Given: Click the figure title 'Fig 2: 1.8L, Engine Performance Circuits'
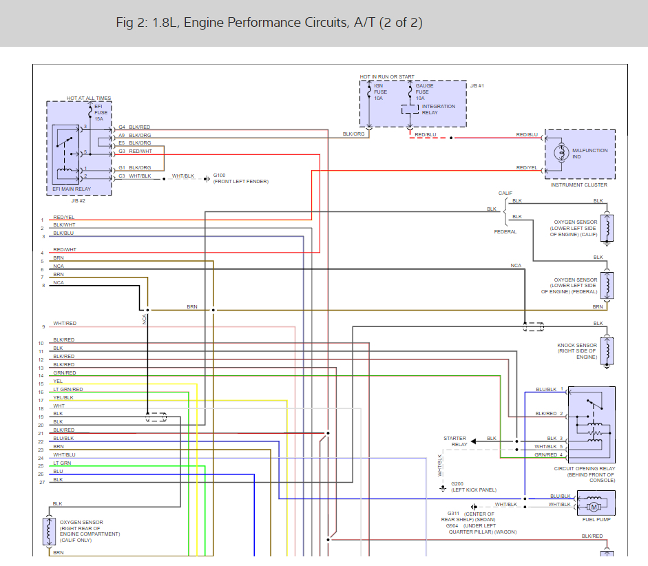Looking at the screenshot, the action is [232, 22].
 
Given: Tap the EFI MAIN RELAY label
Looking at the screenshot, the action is [72, 189].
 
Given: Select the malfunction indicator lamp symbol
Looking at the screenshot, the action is [561, 153].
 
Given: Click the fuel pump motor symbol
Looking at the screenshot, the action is [594, 507].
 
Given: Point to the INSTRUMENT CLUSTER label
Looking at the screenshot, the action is [578, 185].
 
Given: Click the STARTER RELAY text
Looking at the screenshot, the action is [455, 441].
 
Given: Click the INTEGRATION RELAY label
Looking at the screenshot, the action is [438, 109].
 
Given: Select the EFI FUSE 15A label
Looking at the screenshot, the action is [101, 112].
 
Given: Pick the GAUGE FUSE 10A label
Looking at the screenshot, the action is [424, 92].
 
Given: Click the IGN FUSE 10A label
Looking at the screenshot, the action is [380, 92].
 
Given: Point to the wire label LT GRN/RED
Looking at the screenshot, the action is [67, 389].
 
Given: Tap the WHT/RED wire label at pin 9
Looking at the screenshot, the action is [65, 323].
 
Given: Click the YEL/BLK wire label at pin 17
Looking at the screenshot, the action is [63, 397].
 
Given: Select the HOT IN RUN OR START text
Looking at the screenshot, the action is [387, 77].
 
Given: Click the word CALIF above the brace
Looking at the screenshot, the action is [505, 193].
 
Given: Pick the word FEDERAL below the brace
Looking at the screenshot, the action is [505, 232].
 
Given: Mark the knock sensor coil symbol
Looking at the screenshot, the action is [607, 350].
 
